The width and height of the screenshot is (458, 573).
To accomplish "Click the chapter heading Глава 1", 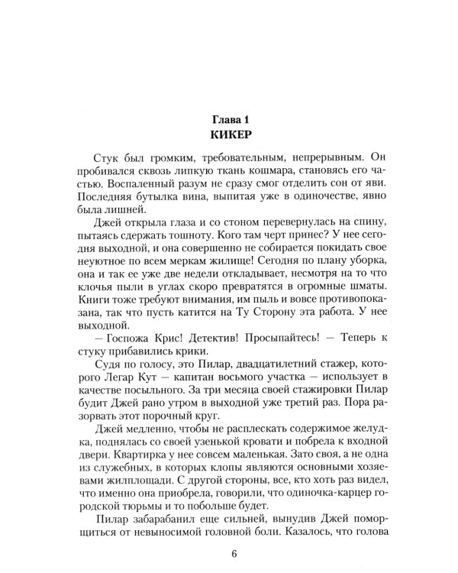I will [x=229, y=120].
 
